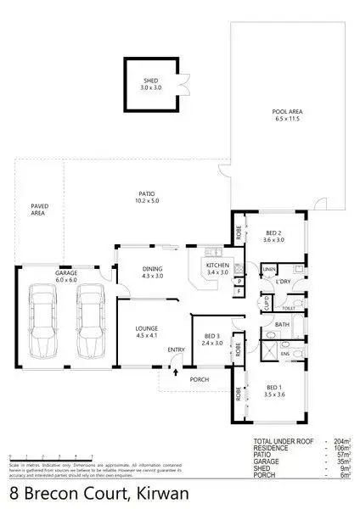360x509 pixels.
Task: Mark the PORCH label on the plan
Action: (200, 379)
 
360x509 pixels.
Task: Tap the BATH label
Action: (282, 325)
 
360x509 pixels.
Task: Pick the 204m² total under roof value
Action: (342, 442)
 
